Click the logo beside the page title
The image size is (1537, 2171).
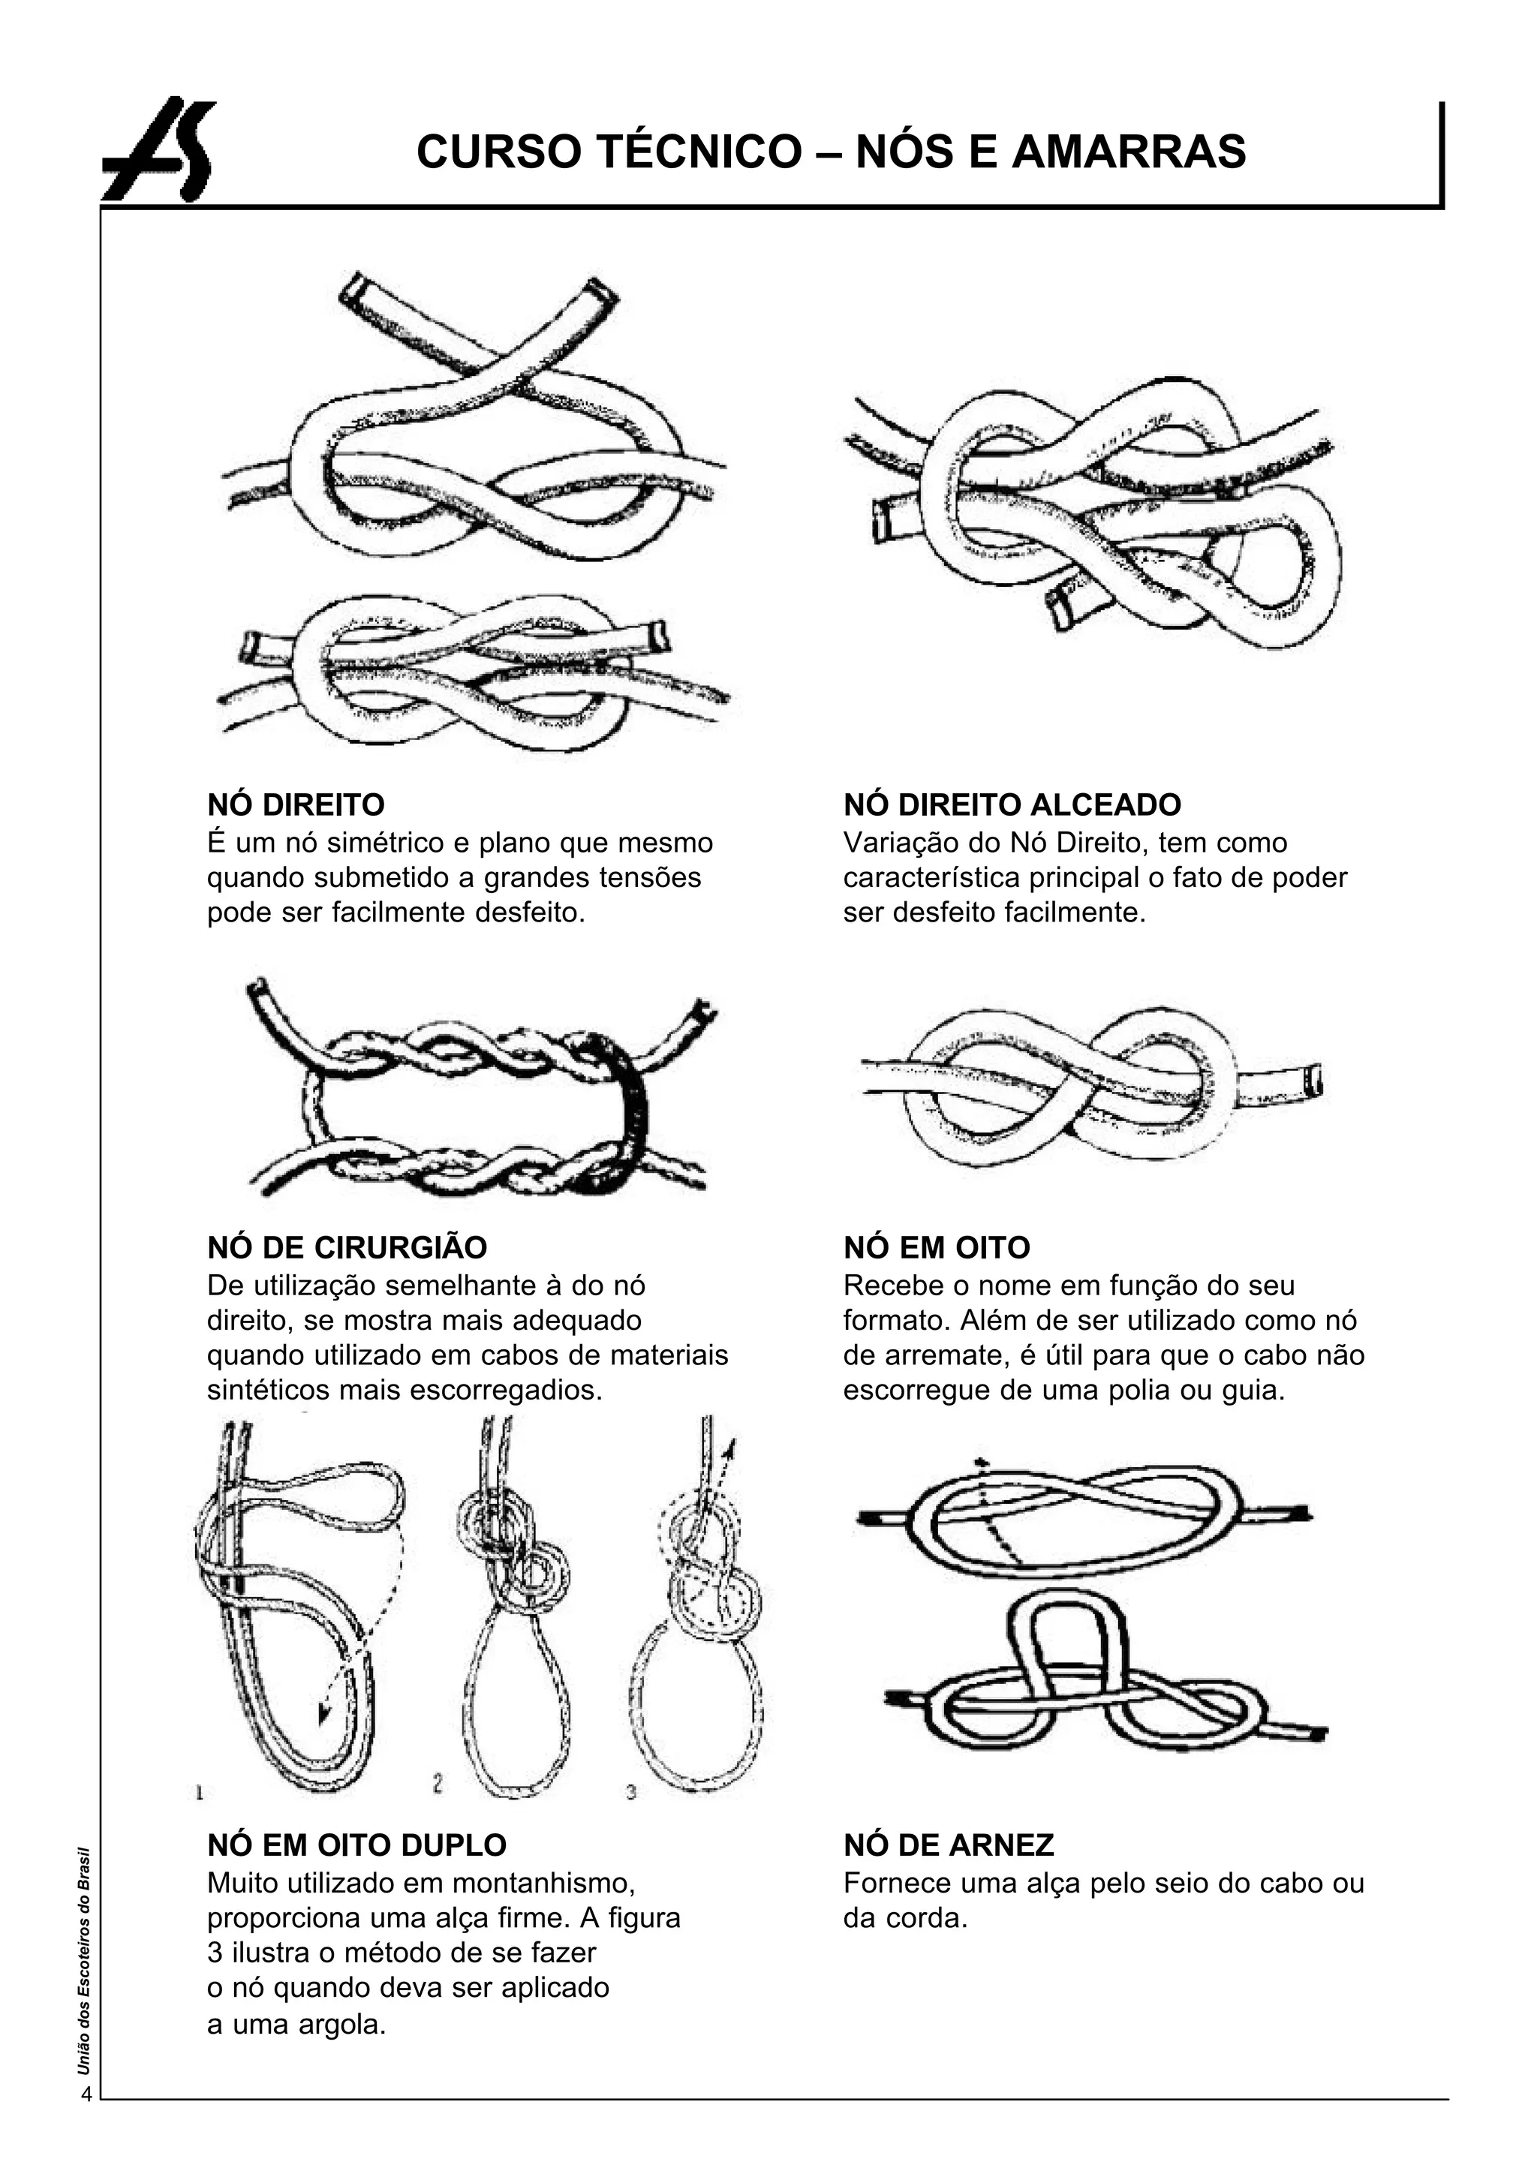159,149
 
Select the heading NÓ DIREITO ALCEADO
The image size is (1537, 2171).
1012,804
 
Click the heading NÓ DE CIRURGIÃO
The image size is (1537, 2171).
347,1247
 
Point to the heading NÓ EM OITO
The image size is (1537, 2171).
936,1247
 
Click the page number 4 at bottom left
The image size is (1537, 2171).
86,2094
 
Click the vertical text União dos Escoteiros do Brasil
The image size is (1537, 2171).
84,1960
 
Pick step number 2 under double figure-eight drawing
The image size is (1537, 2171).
438,1784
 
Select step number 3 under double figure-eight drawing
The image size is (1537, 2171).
631,1791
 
